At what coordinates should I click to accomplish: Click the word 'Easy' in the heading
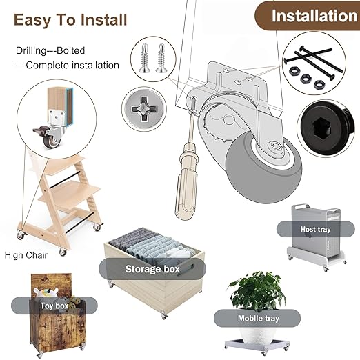coord(32,20)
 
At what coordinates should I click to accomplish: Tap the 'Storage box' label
coord(152,269)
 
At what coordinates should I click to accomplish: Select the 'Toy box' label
coord(54,306)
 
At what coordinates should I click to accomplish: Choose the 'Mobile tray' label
coord(257,318)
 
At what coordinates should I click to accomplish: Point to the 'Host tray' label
coord(315,229)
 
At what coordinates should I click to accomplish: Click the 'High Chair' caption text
coord(26,255)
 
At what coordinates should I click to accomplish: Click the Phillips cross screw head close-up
coord(143,109)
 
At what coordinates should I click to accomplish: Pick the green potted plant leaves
coord(257,291)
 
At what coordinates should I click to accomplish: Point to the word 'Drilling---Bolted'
coord(50,50)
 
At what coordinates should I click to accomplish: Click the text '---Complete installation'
coord(68,66)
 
